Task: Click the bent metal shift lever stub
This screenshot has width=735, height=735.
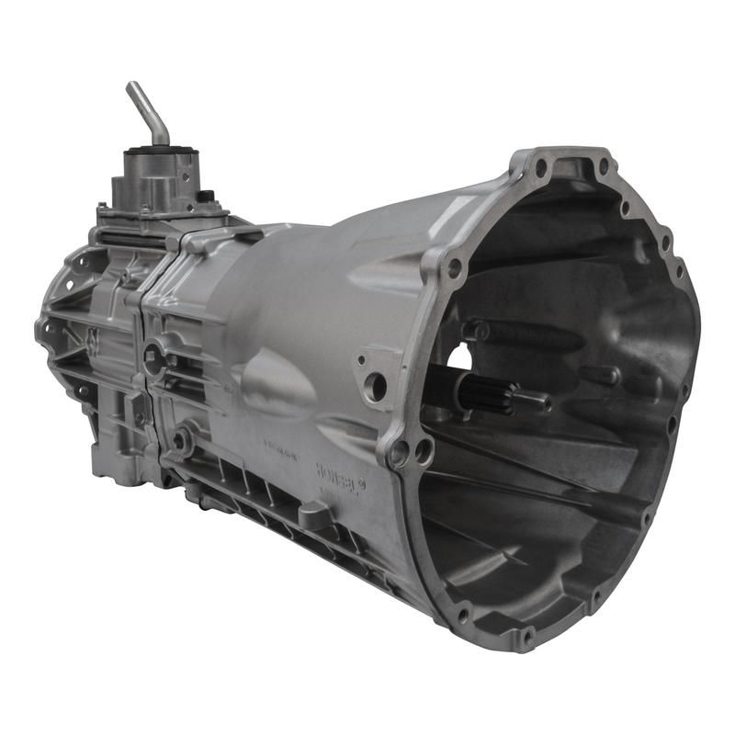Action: [147, 110]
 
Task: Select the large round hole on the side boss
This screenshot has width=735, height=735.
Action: [375, 387]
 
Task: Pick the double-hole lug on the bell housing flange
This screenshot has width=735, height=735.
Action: [411, 451]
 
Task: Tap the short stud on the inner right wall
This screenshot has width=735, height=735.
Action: [597, 375]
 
